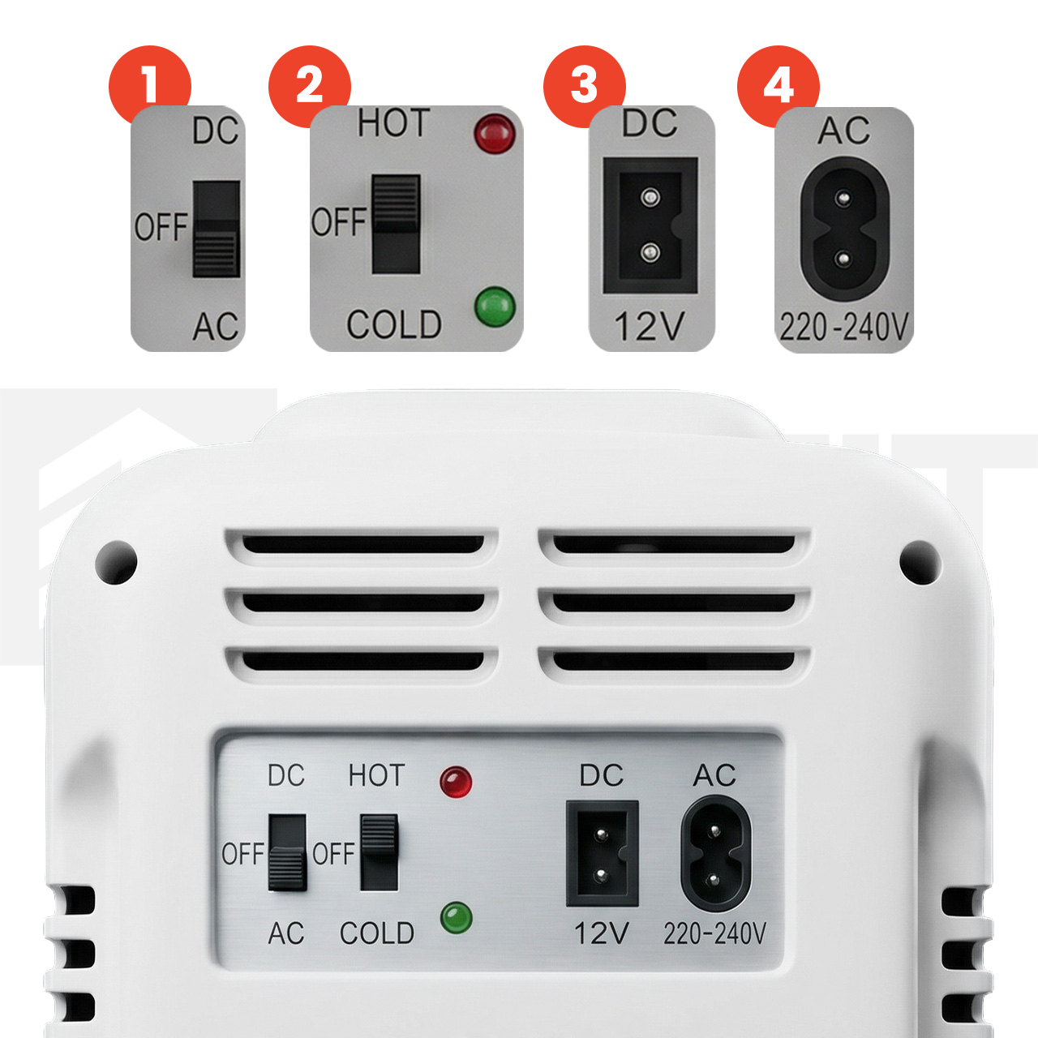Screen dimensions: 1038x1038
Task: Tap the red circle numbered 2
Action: (x=309, y=84)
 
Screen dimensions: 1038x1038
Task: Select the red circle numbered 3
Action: (x=584, y=85)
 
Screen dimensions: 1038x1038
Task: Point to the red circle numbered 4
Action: (x=778, y=85)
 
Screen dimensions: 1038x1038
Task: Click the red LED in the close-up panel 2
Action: (x=495, y=133)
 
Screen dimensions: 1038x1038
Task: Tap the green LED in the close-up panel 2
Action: (x=495, y=307)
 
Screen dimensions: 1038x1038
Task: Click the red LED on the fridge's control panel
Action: (x=456, y=782)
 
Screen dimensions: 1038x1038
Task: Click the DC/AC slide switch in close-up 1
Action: (x=216, y=229)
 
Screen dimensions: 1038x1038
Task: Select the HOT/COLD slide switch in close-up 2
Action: (x=396, y=224)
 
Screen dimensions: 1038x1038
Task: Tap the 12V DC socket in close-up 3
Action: (x=650, y=225)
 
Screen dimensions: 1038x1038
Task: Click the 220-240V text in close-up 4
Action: (x=844, y=328)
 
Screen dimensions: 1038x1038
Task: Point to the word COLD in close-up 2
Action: (x=394, y=325)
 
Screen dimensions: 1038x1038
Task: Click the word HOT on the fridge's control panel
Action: (x=376, y=776)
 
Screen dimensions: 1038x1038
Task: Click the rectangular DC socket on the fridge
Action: (x=603, y=853)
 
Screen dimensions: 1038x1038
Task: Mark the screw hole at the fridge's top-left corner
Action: (x=116, y=562)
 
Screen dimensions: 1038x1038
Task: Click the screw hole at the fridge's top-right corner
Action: (x=920, y=562)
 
